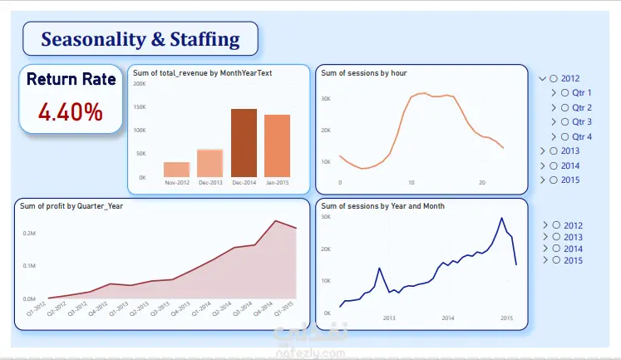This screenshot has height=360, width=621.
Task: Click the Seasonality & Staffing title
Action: (140, 39)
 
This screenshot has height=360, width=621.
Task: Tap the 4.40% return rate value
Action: (70, 111)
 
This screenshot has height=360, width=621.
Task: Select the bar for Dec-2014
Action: (244, 142)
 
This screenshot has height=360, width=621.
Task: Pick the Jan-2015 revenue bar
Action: (278, 145)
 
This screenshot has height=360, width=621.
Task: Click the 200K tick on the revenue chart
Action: (140, 84)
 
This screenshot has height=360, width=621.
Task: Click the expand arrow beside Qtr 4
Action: (554, 136)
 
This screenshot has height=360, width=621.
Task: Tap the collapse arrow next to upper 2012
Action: (543, 78)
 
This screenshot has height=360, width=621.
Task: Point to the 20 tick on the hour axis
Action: (482, 182)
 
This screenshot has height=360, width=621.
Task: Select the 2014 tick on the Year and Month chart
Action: (447, 318)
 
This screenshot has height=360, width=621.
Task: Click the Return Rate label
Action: (70, 80)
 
